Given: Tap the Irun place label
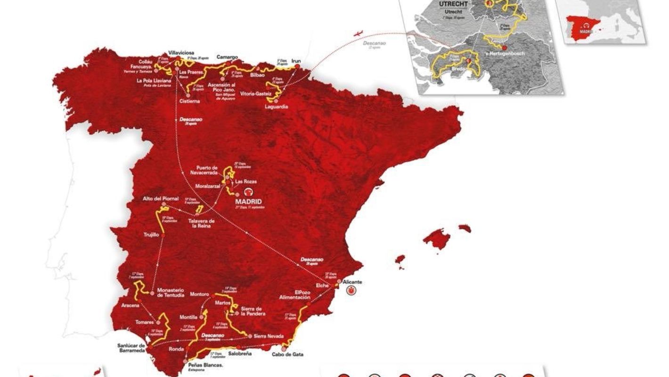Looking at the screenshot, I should [x=296, y=61].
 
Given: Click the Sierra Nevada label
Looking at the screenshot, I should [x=268, y=336].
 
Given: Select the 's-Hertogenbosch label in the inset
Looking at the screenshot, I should [x=504, y=54].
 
